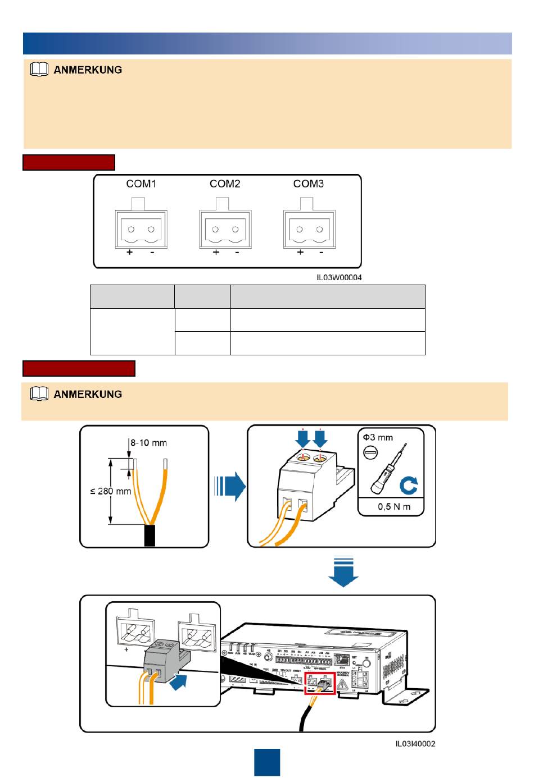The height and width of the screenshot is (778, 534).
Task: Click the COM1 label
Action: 141,184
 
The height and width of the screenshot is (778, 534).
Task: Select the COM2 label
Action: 225,184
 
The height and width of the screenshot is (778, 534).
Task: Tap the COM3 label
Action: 309,184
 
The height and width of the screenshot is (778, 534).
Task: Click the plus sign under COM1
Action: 130,253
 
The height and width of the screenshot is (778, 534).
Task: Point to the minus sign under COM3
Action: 321,253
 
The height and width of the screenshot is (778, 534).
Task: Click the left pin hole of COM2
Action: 215,229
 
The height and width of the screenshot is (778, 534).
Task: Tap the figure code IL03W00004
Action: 339,277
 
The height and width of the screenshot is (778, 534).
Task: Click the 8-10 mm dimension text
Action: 149,443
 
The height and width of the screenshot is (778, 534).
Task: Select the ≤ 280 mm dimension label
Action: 111,491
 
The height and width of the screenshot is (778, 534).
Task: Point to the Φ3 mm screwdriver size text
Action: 378,437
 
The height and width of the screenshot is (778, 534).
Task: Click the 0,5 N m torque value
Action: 393,507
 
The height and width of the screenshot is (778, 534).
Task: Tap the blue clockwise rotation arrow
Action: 408,485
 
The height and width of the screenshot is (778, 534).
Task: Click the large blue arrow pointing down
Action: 343,571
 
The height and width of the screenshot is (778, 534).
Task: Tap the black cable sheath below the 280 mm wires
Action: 150,536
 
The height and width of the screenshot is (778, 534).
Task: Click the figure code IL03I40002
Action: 415,744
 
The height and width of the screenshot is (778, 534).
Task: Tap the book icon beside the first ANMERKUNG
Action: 39,70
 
